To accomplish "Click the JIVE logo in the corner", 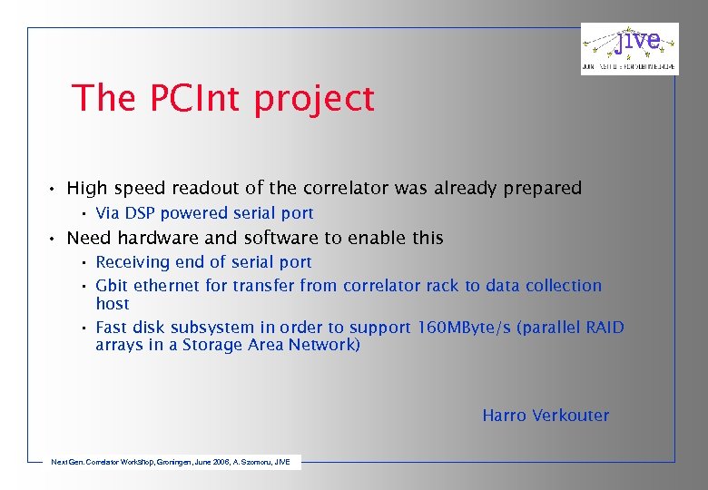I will pyautogui.click(x=629, y=48).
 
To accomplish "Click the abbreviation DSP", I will pyautogui.click(x=140, y=213).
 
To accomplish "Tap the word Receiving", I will pyautogui.click(x=133, y=262).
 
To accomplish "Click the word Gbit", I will pyautogui.click(x=112, y=286).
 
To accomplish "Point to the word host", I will pyautogui.click(x=113, y=304).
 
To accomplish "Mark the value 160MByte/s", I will pyautogui.click(x=465, y=328).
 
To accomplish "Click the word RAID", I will pyautogui.click(x=604, y=328).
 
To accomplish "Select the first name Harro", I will pyautogui.click(x=503, y=416).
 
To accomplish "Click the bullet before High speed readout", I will pyautogui.click(x=54, y=189).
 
